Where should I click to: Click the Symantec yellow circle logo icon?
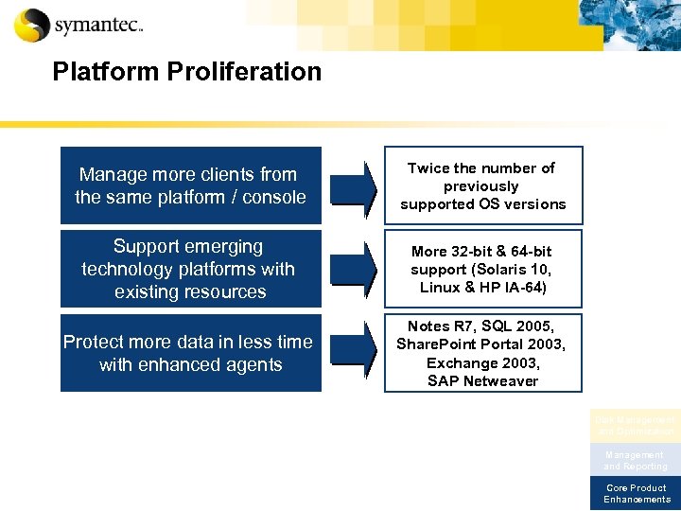pyautogui.click(x=32, y=25)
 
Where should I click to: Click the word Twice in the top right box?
pyautogui.click(x=428, y=168)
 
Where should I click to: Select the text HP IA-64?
pyautogui.click(x=512, y=287)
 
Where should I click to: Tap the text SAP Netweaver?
pyautogui.click(x=482, y=381)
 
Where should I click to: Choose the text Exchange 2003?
pyautogui.click(x=482, y=363)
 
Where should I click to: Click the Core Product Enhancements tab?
pyautogui.click(x=636, y=494)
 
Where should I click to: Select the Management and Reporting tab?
pyautogui.click(x=636, y=461)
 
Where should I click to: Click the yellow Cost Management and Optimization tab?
pyautogui.click(x=636, y=425)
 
